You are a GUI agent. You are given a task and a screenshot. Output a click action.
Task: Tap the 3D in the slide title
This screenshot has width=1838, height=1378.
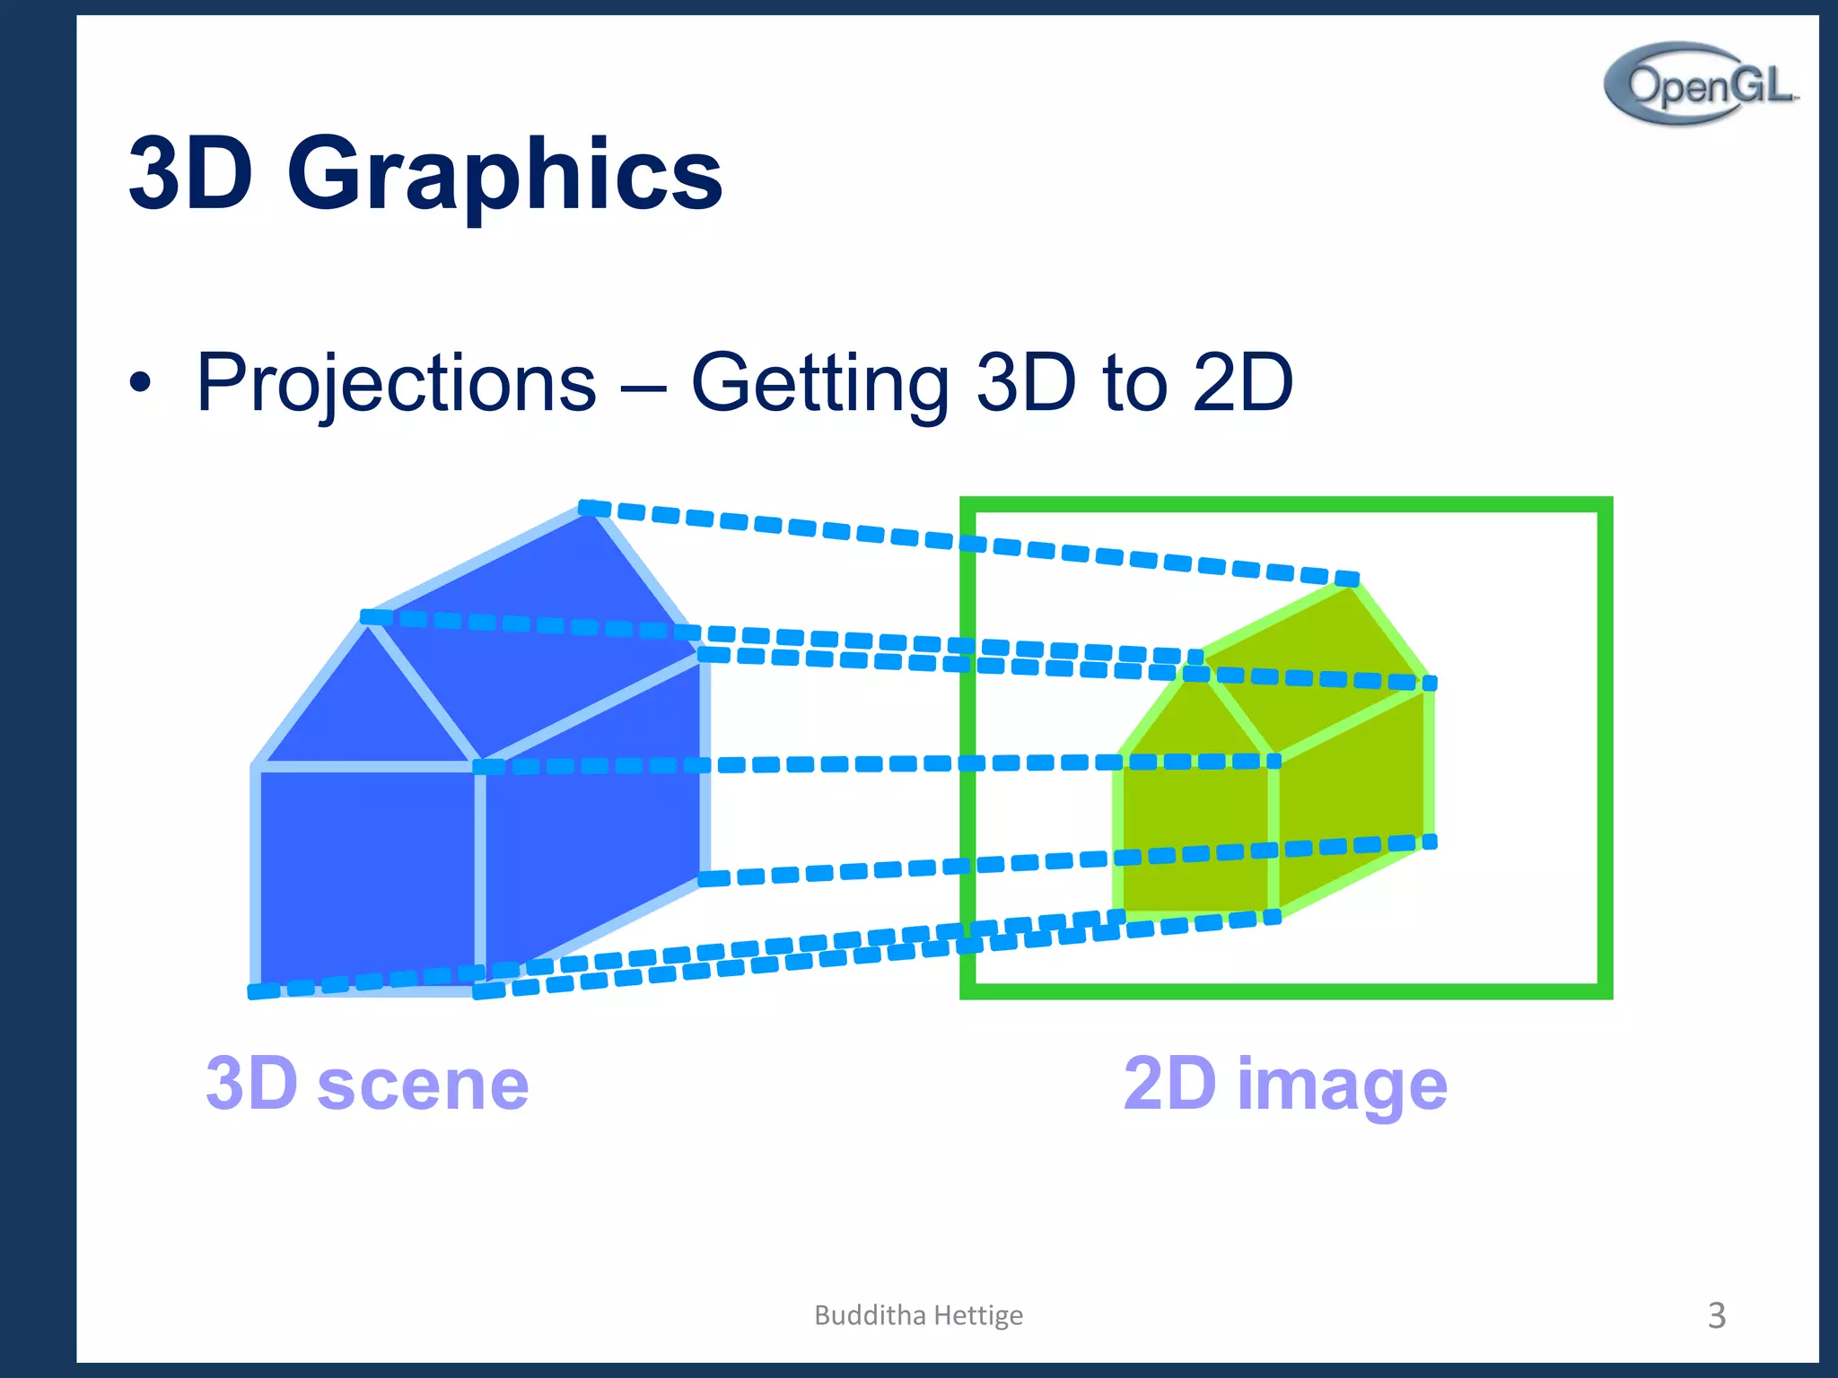pyautogui.click(x=189, y=172)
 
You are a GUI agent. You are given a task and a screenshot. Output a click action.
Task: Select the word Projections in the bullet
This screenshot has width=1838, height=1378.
pyautogui.click(x=396, y=383)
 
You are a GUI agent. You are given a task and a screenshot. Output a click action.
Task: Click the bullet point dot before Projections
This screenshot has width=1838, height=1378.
pyautogui.click(x=139, y=383)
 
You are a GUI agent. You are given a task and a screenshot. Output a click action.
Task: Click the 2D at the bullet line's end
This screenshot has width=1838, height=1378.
pyautogui.click(x=1242, y=383)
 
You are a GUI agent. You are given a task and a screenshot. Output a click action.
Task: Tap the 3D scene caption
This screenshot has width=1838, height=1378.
pyautogui.click(x=367, y=1083)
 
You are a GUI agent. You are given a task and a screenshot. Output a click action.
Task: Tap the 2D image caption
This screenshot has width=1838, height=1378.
pyautogui.click(x=1284, y=1083)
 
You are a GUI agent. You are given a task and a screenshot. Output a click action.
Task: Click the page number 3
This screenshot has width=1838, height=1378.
pyautogui.click(x=1715, y=1315)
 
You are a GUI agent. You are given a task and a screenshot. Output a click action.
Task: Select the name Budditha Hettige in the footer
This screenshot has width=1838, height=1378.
pyautogui.click(x=918, y=1315)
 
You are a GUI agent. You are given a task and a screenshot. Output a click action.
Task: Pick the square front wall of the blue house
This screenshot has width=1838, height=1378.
pyautogui.click(x=366, y=875)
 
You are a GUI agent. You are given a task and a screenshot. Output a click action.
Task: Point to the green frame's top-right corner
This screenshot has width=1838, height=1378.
pyautogui.click(x=1605, y=504)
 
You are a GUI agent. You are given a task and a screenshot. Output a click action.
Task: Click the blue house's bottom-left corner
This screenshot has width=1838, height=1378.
pyautogui.click(x=257, y=988)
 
